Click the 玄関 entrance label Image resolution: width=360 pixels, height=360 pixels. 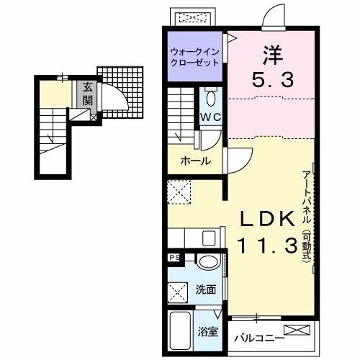point(87,94)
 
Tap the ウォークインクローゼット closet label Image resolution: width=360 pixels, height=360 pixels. point(194,57)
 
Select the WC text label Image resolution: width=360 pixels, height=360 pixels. point(210,117)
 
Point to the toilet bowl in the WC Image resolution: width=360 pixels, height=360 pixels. point(211,97)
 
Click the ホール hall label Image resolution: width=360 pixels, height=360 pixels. point(196,161)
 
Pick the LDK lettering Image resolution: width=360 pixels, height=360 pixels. point(268,218)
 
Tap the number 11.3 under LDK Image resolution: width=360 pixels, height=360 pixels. point(267,245)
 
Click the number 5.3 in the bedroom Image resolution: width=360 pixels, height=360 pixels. point(273,80)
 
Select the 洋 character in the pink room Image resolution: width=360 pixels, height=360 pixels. point(273,55)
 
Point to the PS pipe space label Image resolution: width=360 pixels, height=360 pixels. point(175,258)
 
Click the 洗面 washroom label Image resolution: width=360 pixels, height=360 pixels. point(206,290)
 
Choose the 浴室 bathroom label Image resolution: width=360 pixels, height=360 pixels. point(208,332)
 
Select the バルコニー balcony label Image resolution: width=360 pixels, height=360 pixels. point(259,338)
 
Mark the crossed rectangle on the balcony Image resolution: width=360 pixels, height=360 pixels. point(297,330)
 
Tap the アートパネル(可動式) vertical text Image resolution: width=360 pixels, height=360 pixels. point(307,216)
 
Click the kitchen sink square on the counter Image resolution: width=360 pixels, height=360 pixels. point(209,238)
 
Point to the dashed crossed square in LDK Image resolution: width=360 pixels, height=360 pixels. point(179,192)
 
